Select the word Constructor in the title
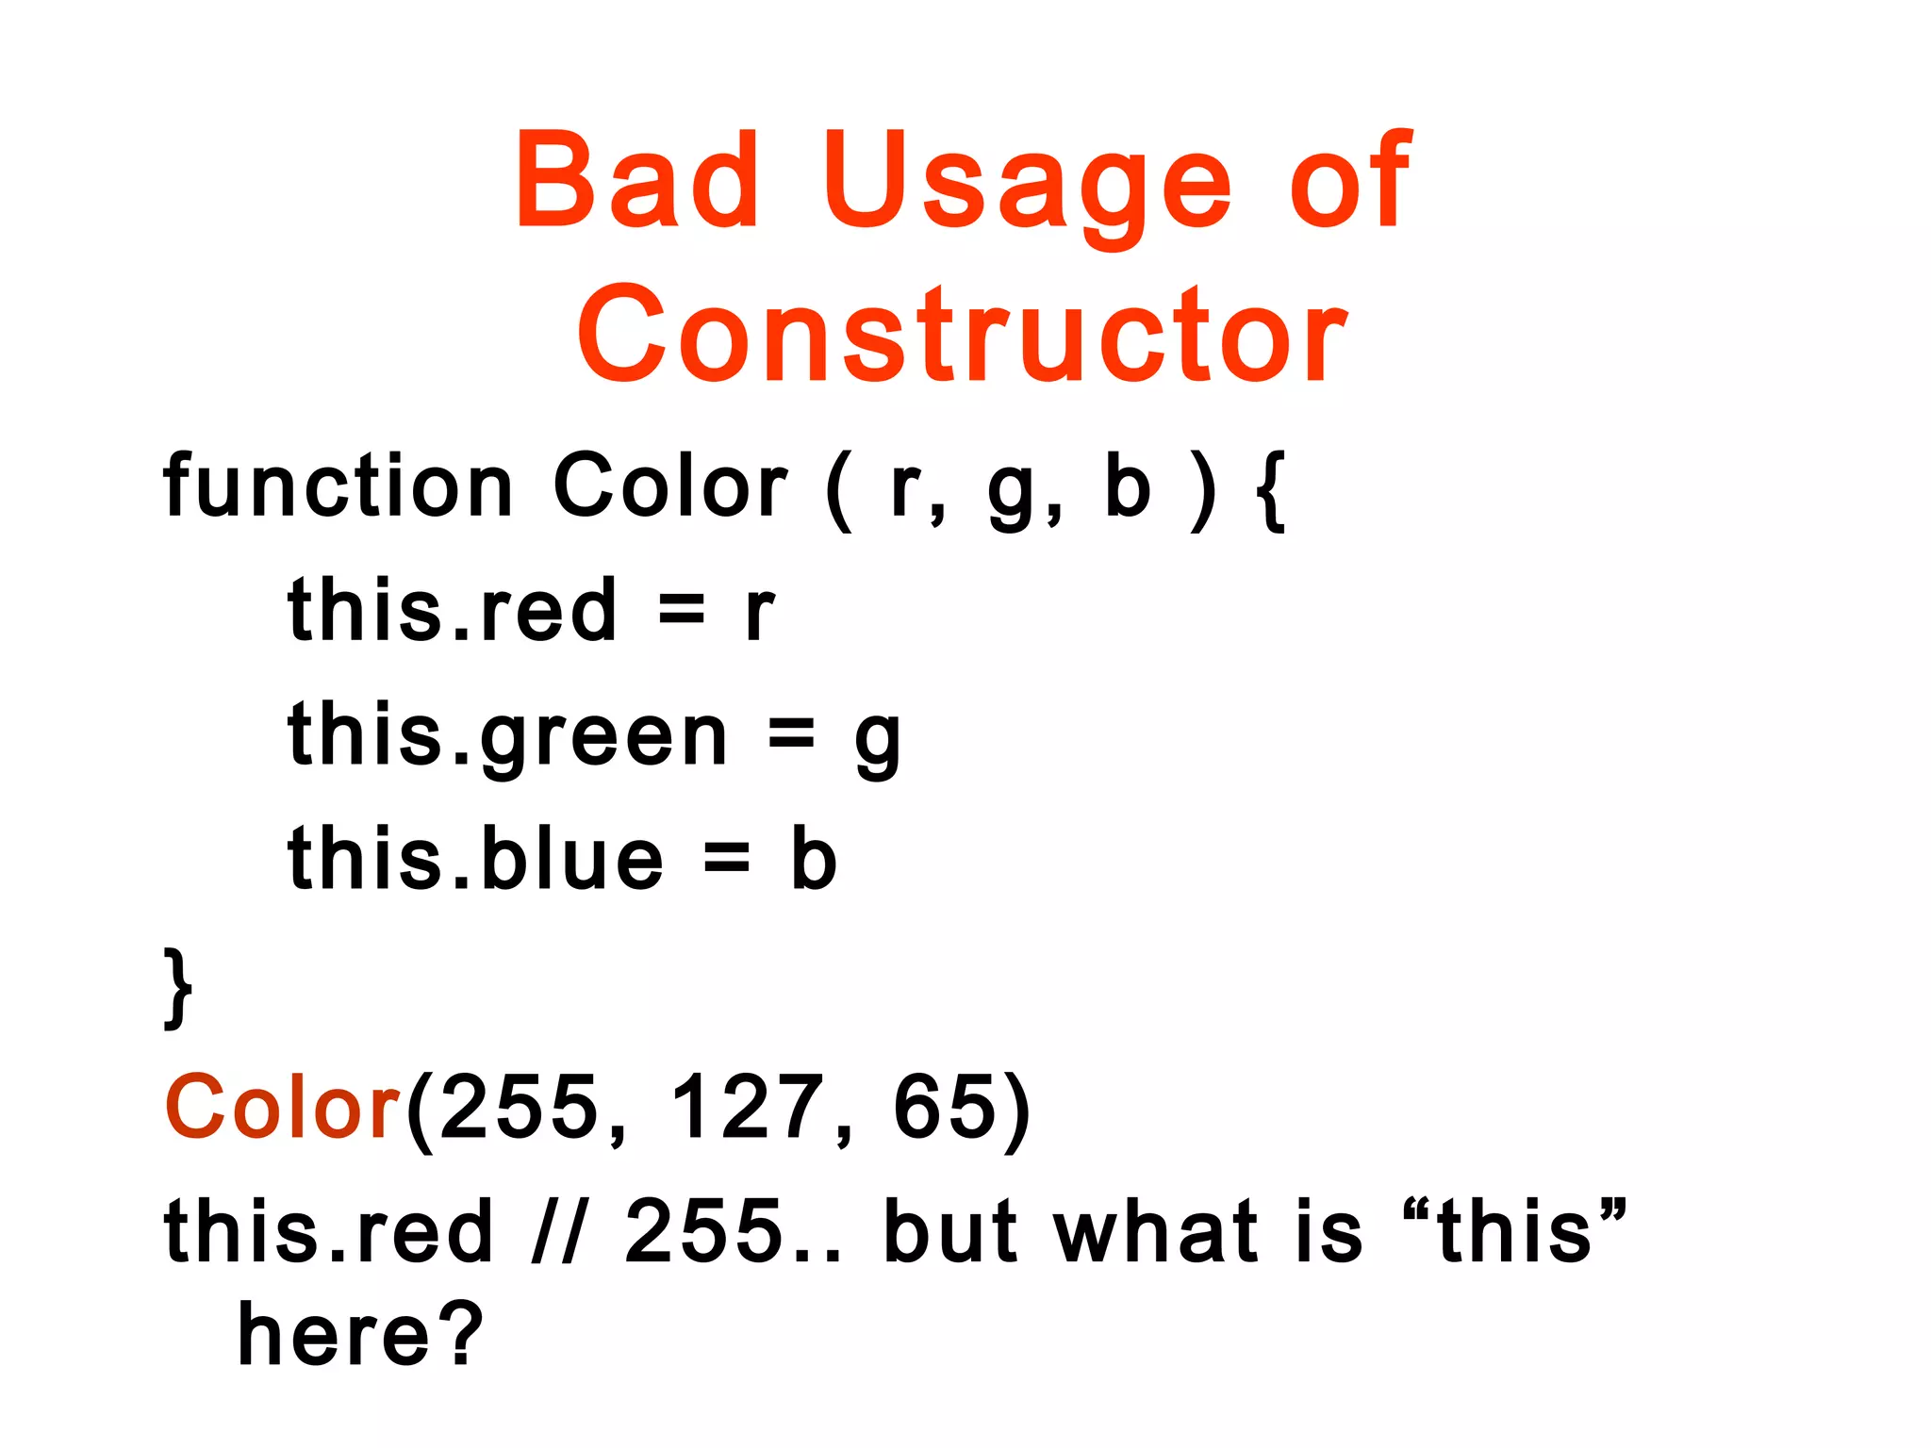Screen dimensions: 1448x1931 [962, 336]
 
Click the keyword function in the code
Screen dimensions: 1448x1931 [338, 485]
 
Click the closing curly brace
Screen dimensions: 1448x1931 [178, 988]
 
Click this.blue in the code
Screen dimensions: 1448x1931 [476, 858]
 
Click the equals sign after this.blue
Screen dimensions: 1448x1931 [727, 858]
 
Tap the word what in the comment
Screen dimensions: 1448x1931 [1156, 1231]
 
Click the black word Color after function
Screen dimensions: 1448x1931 [669, 485]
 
